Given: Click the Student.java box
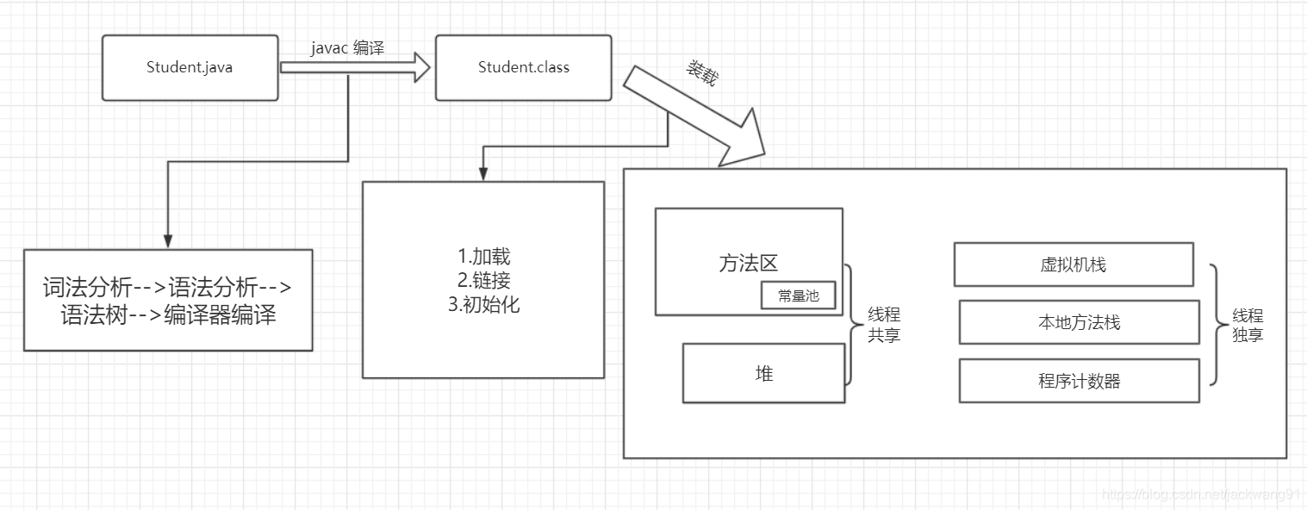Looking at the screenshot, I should point(190,67).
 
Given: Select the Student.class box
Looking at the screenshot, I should point(523,67).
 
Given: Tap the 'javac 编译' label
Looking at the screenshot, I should point(347,48).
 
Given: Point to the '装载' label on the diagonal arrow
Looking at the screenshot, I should point(700,74).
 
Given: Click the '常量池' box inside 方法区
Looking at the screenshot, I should point(798,295).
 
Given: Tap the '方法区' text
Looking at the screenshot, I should point(748,264).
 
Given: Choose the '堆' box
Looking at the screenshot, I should point(763,373).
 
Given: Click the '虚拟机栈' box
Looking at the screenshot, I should point(1073,264).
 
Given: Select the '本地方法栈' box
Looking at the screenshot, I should point(1079,322).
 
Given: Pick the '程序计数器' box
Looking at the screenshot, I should point(1079,381).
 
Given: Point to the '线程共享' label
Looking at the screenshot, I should point(883,326).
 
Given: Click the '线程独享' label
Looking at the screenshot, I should point(1247,326).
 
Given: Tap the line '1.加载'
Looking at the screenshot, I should point(483,257).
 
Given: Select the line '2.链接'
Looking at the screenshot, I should point(483,280).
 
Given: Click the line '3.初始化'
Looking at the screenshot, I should point(483,304).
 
